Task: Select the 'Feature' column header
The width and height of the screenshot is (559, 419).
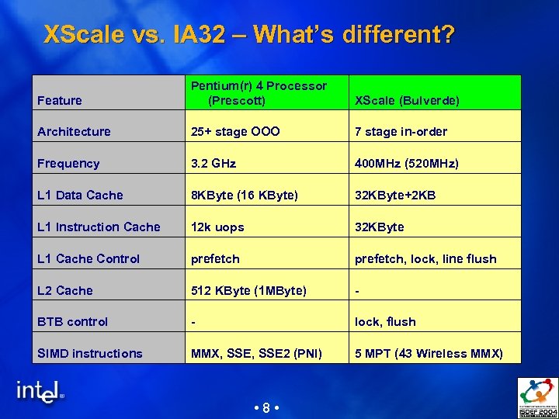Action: click(x=60, y=100)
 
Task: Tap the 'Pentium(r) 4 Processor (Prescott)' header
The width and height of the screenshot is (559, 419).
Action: click(x=259, y=93)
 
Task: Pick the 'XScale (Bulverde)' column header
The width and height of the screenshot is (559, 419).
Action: click(x=407, y=100)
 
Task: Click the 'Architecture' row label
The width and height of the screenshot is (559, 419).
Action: click(x=74, y=132)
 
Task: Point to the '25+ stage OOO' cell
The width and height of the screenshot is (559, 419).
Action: click(x=236, y=132)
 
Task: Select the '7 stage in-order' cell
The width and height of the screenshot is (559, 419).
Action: click(x=401, y=132)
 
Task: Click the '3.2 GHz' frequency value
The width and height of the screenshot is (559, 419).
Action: click(x=214, y=164)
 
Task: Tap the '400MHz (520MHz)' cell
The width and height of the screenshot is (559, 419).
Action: click(x=407, y=164)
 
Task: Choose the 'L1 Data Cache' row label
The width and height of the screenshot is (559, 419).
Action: click(x=80, y=196)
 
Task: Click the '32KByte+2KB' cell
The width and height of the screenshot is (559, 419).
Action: click(x=395, y=196)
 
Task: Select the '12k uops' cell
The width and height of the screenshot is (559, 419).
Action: click(x=218, y=227)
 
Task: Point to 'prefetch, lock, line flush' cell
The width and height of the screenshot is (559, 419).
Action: click(x=425, y=259)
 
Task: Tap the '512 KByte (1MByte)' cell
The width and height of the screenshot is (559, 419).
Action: click(x=249, y=291)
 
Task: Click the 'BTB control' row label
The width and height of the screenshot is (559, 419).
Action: click(x=73, y=322)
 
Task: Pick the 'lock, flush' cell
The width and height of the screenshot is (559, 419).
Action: click(x=385, y=322)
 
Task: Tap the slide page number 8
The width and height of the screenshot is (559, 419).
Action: click(x=266, y=408)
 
